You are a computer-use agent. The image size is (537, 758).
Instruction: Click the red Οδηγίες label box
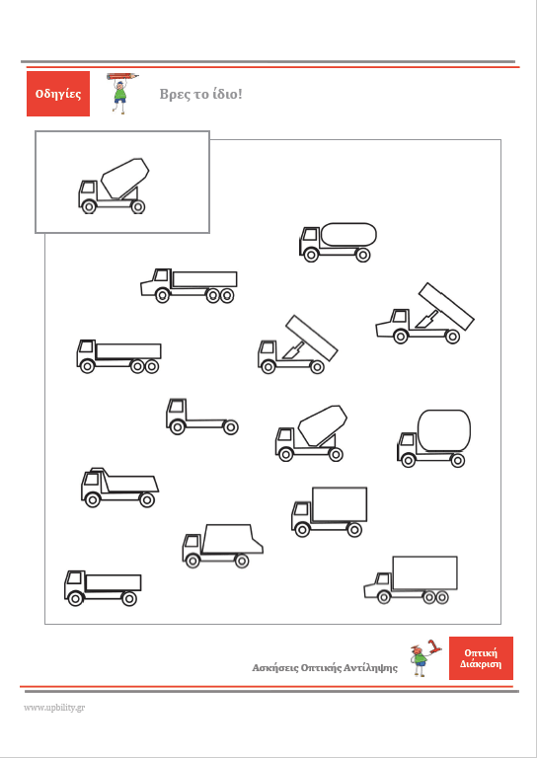[58, 94]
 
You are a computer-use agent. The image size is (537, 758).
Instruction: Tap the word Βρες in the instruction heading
[173, 95]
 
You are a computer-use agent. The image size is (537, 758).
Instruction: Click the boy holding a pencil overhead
[121, 93]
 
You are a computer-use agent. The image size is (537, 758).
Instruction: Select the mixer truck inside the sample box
[114, 186]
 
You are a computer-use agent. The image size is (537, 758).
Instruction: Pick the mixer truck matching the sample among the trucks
[311, 433]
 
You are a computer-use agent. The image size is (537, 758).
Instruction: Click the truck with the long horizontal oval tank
[338, 242]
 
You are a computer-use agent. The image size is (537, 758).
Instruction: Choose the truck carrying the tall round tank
[434, 438]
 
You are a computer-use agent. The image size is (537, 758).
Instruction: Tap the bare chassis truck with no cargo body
[202, 417]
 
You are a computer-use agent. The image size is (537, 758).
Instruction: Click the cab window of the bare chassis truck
[178, 407]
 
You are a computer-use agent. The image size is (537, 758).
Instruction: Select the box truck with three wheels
[411, 580]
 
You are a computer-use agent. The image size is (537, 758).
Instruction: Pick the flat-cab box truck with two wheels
[329, 512]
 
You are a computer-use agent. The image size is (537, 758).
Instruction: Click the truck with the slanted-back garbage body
[222, 546]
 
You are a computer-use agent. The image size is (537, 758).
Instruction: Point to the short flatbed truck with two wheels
[103, 588]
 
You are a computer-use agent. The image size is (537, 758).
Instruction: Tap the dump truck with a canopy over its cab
[119, 488]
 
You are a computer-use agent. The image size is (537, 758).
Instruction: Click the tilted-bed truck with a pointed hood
[424, 313]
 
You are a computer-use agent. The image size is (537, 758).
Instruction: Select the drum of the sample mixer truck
[124, 178]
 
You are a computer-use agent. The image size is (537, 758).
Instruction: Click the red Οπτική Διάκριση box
[481, 658]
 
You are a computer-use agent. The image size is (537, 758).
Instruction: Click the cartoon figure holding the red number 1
[424, 658]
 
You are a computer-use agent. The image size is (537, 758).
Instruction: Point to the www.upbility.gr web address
[54, 708]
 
